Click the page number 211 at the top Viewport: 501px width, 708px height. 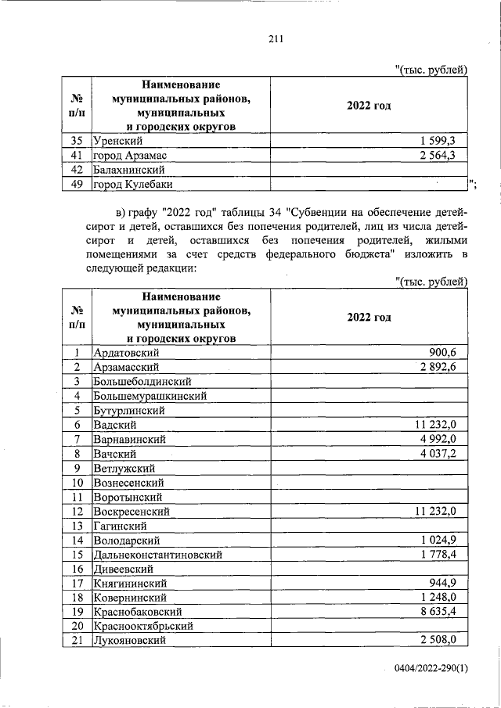(274, 40)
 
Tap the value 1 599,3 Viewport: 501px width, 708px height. (444, 141)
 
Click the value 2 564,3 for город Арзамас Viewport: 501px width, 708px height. (444, 155)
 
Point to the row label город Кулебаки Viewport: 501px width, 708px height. (132, 184)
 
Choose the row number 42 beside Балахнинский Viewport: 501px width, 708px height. (77, 170)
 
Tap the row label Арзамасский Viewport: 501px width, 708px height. (127, 367)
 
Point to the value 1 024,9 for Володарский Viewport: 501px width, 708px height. (444, 540)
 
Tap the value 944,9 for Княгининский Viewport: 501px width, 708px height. (449, 582)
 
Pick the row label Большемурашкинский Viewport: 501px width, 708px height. (149, 396)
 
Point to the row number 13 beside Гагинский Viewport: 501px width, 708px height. (77, 525)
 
